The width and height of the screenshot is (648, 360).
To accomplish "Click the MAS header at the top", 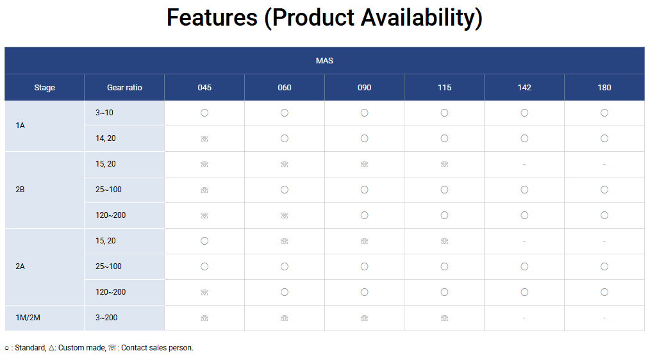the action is [324, 61].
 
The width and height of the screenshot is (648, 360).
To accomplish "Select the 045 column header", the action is [204, 88].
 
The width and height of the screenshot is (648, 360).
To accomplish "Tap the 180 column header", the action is [604, 88].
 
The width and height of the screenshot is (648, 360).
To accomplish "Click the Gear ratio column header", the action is [124, 88].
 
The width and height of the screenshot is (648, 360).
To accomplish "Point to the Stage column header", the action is [45, 88].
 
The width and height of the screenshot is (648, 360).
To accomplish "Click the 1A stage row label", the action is [21, 126].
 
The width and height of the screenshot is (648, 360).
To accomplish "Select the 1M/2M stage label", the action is [28, 318].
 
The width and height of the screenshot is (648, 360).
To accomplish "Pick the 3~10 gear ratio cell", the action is [104, 113].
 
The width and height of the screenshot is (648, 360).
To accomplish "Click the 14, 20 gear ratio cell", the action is [105, 138].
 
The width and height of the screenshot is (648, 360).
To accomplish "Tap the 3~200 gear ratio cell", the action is [106, 318].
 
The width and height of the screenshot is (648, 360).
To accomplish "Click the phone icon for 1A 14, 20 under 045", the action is [204, 139].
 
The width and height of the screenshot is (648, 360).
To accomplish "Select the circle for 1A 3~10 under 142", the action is [524, 113].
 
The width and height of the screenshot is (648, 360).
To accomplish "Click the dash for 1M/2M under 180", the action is [604, 318].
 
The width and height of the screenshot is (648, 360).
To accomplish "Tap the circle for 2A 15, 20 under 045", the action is [204, 241].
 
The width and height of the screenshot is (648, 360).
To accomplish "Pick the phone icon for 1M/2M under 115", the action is [444, 318].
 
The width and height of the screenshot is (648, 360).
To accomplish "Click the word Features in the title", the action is [212, 17].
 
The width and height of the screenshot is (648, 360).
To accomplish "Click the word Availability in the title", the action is [422, 18].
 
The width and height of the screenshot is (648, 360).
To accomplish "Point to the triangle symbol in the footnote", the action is [51, 348].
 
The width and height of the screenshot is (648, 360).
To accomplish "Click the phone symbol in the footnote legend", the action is [112, 348].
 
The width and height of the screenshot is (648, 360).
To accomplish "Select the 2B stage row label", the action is [21, 190].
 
